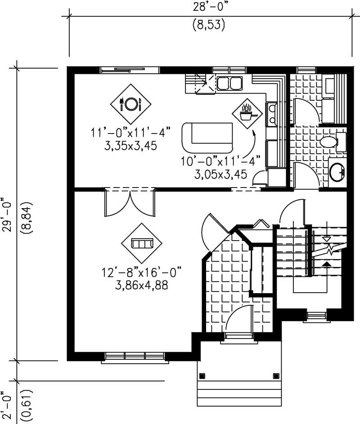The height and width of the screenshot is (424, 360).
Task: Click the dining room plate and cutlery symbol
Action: (x=130, y=104)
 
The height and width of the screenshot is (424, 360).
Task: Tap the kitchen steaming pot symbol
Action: (x=247, y=113)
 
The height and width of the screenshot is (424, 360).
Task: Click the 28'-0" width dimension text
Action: (x=208, y=8)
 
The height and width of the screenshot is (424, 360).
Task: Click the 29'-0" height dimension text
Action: (x=6, y=214)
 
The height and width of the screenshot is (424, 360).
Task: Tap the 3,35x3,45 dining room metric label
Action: (x=129, y=146)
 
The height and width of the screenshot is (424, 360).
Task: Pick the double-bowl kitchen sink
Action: (x=229, y=83)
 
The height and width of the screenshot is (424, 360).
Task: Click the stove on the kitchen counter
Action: (x=272, y=114)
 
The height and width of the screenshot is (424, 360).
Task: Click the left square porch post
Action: (x=202, y=375)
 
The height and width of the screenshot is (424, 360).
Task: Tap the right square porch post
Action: (x=275, y=375)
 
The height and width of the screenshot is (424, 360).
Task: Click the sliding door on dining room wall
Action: (x=130, y=69)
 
